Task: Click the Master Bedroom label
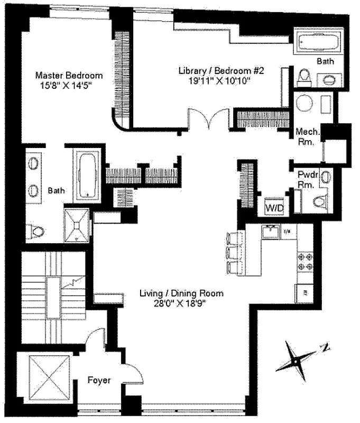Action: pyautogui.click(x=69, y=75)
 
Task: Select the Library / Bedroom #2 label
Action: pyautogui.click(x=214, y=70)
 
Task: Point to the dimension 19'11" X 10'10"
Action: pyautogui.click(x=214, y=80)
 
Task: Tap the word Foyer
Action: pyautogui.click(x=99, y=380)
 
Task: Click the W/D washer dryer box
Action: pyautogui.click(x=275, y=208)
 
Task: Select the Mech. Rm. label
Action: pyautogui.click(x=306, y=137)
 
